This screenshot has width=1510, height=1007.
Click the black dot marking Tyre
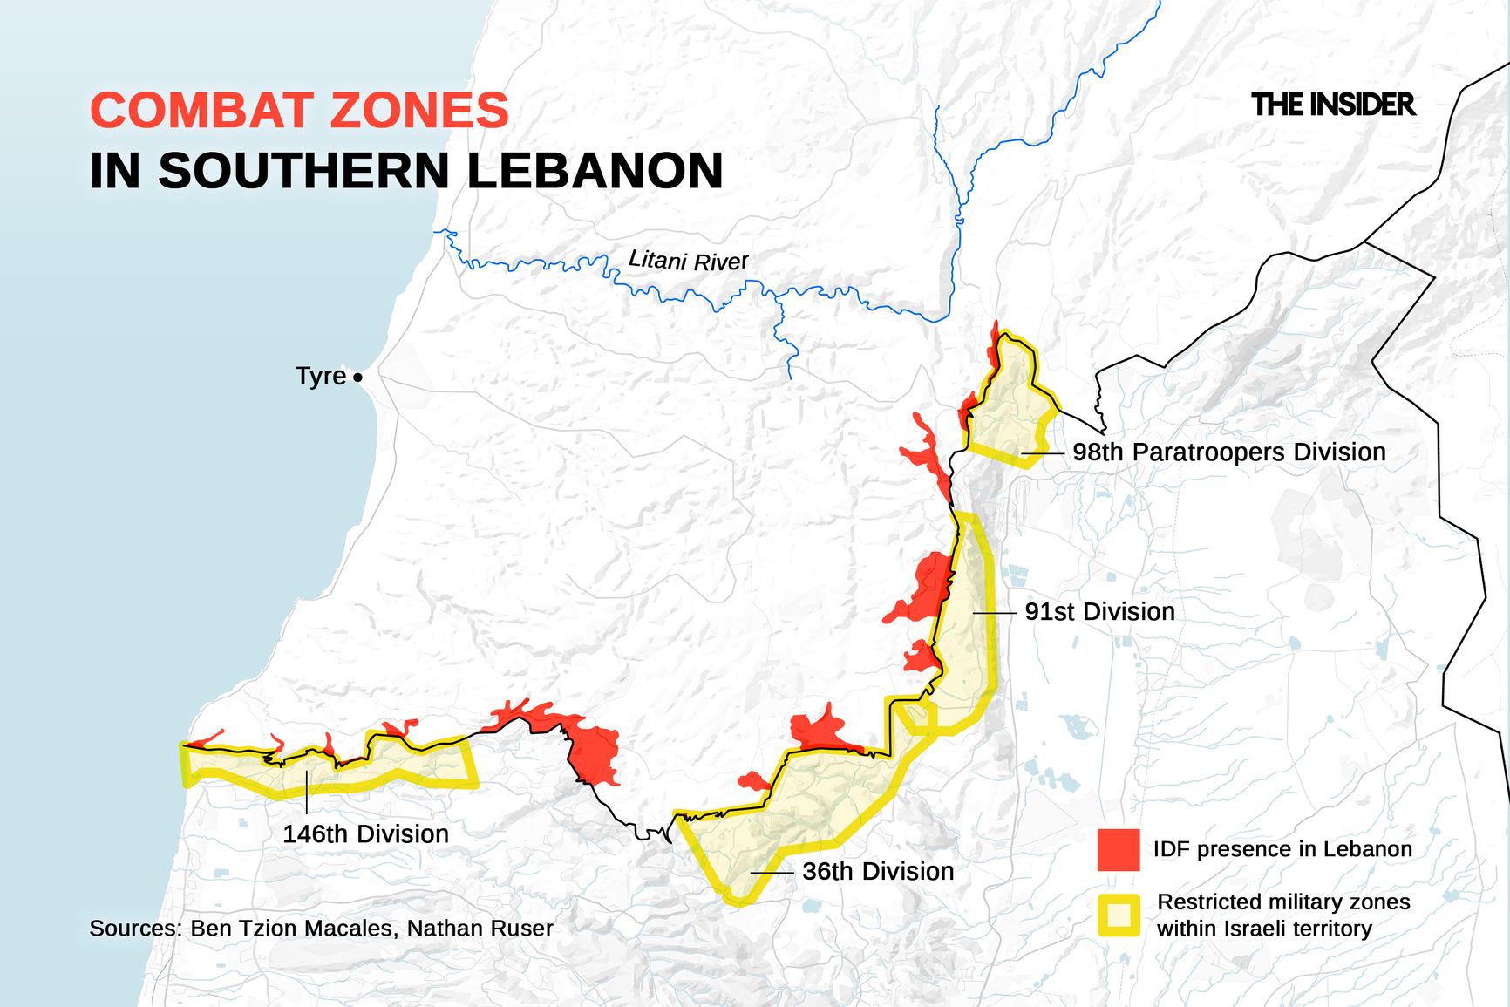(x=357, y=378)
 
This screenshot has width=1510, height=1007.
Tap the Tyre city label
(x=321, y=376)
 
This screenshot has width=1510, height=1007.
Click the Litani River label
(x=688, y=260)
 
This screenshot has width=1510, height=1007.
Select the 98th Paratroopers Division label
(x=1228, y=452)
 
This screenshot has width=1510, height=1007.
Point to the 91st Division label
(x=1099, y=611)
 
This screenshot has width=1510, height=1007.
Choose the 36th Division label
(x=878, y=871)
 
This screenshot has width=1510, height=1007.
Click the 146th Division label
(x=365, y=833)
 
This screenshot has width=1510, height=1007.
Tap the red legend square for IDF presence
(x=1119, y=849)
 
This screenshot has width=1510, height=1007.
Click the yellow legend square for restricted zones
(x=1119, y=915)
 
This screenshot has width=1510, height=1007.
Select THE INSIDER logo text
(x=1332, y=105)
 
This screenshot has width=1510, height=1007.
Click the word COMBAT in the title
(x=201, y=111)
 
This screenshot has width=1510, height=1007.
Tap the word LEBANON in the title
(x=595, y=170)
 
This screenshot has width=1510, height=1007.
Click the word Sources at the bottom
(x=135, y=928)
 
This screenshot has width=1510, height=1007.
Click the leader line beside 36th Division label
(x=772, y=872)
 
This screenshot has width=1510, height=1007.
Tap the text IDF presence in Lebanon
(x=1282, y=849)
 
